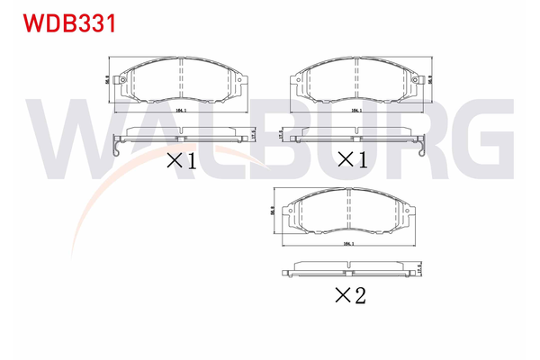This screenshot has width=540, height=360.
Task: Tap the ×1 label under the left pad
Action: [181, 161]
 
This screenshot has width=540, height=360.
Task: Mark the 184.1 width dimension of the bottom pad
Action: [345, 244]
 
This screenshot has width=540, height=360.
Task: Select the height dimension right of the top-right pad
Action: [430, 79]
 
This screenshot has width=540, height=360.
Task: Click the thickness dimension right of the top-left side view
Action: [255, 133]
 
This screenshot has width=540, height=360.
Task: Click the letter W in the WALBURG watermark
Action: [72, 141]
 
